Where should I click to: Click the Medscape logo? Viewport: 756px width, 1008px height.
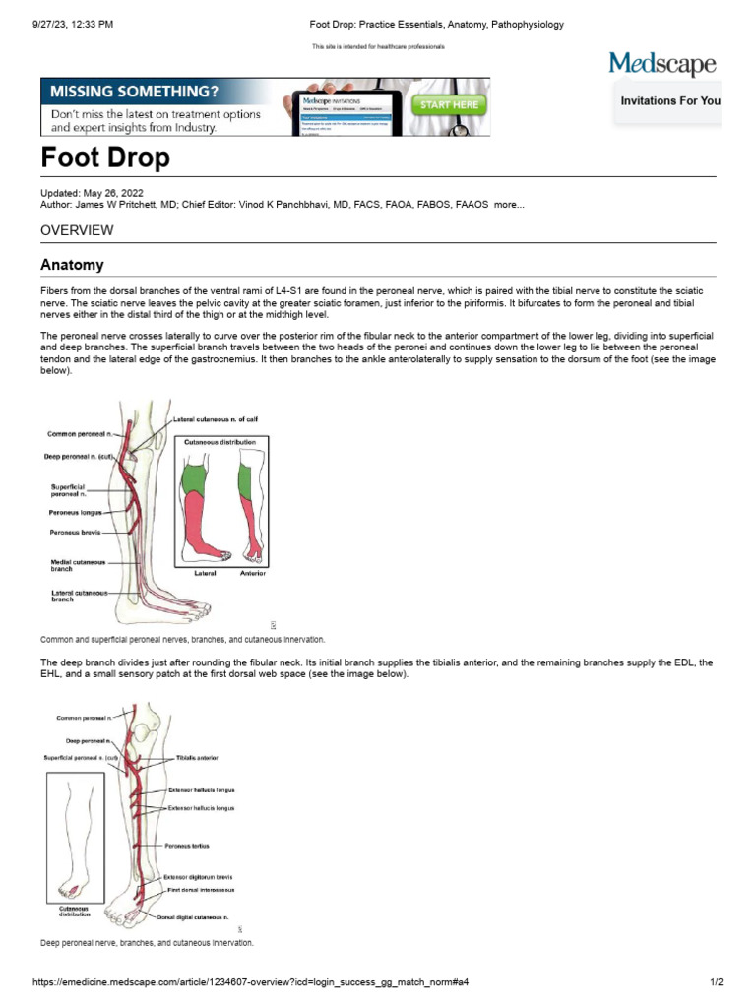662,66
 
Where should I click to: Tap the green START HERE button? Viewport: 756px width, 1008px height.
449,103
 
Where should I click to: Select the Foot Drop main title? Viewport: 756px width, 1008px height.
104,157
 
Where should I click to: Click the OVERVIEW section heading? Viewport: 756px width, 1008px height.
77,230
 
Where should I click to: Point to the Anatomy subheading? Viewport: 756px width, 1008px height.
72,265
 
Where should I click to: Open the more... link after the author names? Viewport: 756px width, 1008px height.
509,205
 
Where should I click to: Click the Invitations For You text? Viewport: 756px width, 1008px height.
670,101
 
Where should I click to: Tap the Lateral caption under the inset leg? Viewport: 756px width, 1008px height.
205,572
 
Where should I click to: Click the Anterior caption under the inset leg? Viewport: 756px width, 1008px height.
252,572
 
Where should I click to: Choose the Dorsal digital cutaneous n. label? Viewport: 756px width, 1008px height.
198,916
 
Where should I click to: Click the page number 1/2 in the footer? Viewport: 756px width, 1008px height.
717,982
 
